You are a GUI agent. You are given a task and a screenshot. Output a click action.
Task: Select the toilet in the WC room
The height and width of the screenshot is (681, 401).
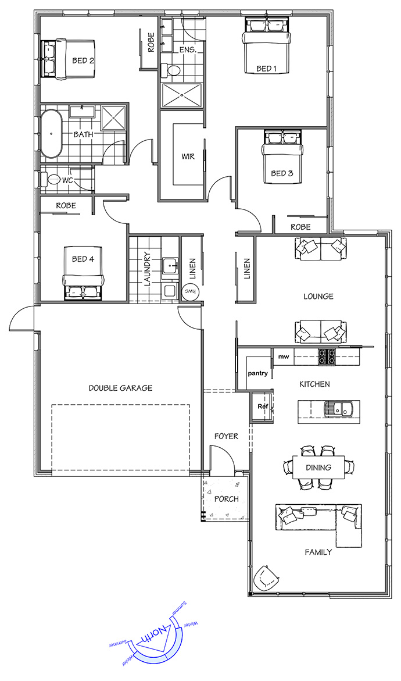pos(51,179)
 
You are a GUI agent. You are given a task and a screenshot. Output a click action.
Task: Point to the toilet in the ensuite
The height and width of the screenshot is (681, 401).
pos(170,69)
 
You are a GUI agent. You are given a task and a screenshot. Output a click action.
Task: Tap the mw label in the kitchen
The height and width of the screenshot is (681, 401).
pos(284,356)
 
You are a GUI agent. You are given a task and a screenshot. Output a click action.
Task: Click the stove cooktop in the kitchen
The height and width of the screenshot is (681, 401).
pos(327,356)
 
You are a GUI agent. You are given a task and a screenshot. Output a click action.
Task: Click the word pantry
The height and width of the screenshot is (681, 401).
pos(258,373)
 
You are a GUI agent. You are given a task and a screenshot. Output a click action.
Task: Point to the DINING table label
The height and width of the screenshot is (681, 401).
pos(318,468)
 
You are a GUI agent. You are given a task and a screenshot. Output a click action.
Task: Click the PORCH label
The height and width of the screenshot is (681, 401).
pos(227,499)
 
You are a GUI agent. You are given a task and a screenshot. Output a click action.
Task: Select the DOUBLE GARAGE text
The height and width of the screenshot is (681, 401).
pos(120,388)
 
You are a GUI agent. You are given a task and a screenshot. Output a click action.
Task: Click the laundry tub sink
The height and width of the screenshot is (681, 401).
pos(170,266)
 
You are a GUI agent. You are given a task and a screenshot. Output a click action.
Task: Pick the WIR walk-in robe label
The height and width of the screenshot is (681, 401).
pos(188,156)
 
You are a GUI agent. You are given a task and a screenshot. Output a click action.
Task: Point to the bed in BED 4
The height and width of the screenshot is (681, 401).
pos(83,273)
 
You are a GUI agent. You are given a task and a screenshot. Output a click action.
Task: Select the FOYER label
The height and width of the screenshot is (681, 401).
pos(226,436)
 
